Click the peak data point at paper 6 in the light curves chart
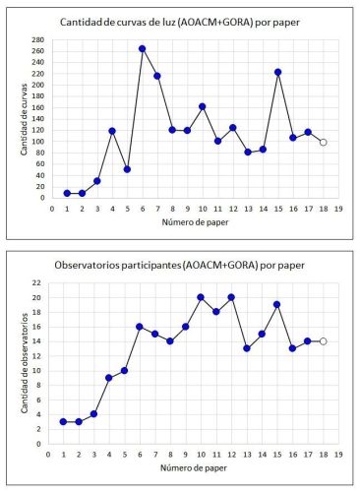[143, 49]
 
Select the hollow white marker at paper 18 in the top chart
[324, 143]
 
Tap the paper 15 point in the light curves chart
[278, 72]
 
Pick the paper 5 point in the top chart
[127, 169]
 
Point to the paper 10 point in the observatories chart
[201, 297]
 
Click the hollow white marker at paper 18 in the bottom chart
[324, 341]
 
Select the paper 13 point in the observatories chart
[247, 348]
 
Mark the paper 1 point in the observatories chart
[63, 422]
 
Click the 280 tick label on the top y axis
[38, 40]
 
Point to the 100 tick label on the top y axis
[38, 142]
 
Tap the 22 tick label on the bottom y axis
[36, 282]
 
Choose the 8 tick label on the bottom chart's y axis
[39, 386]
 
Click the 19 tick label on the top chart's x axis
[338, 209]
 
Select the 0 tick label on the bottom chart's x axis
[48, 455]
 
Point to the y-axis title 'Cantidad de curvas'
[24, 119]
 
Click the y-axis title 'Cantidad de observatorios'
[24, 363]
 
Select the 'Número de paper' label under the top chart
[195, 222]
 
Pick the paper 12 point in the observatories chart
[231, 297]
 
